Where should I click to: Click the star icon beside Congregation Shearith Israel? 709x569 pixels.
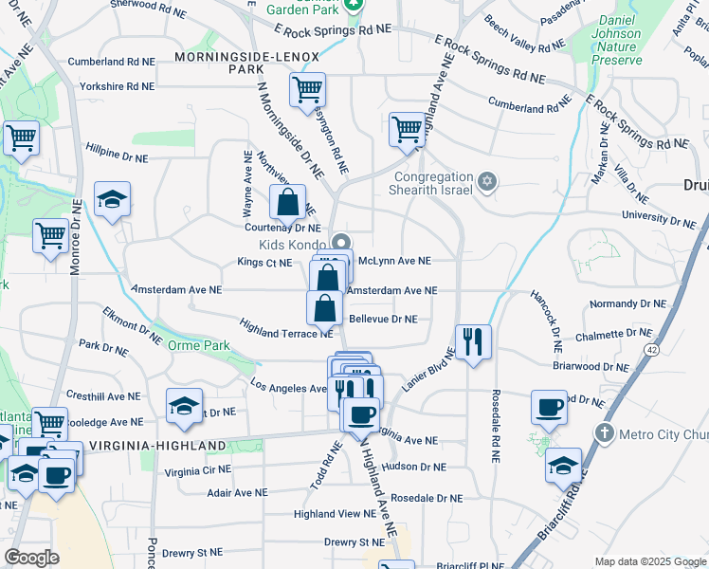point(487,181)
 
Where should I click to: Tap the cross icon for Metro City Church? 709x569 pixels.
point(604,433)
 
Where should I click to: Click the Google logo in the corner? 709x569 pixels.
point(31,558)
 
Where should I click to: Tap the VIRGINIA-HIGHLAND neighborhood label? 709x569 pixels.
point(156,445)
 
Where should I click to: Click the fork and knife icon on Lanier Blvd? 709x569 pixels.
point(473,340)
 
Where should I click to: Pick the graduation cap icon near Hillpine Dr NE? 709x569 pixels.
point(112,199)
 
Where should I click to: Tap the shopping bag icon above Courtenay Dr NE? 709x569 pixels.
point(287,203)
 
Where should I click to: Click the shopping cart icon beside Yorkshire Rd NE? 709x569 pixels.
point(307,91)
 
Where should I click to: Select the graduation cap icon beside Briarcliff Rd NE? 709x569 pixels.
point(563,467)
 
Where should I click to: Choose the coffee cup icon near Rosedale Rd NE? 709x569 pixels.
point(549,408)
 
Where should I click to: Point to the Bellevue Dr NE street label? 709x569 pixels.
point(383,320)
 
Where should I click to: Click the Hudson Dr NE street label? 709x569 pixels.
point(413,467)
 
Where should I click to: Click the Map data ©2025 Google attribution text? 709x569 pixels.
point(650,561)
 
